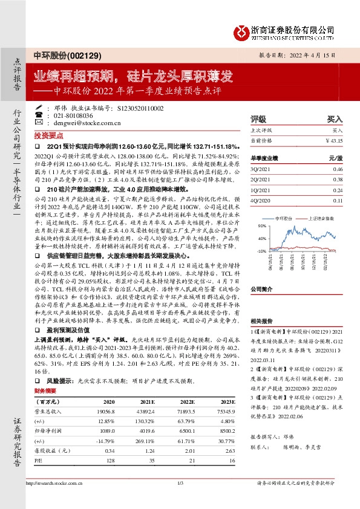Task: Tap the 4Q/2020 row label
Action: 260,201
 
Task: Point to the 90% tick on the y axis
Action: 262,225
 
